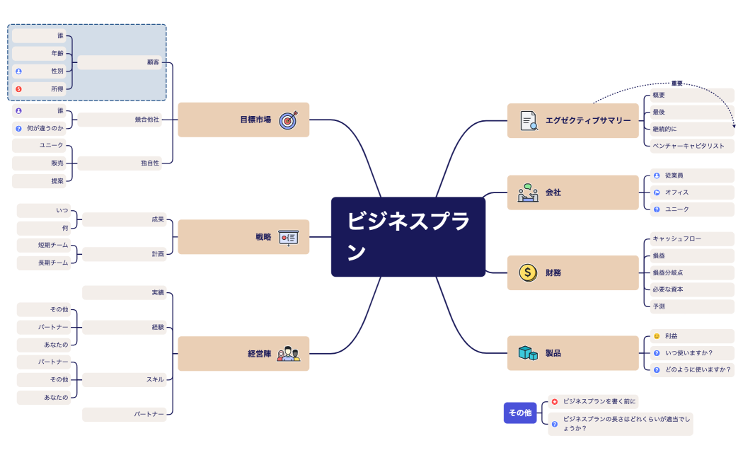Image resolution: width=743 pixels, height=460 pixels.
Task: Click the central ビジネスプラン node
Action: [x=408, y=236]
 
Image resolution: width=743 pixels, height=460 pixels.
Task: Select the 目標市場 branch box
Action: [x=243, y=120]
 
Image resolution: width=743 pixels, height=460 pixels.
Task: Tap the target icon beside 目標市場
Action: [x=288, y=120]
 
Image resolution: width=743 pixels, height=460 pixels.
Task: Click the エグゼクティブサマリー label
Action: [x=587, y=121]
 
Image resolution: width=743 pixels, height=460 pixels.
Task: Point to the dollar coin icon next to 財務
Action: [x=527, y=272]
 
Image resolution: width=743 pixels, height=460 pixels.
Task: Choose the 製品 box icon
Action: [x=527, y=353]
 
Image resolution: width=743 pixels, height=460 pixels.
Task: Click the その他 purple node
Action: [x=519, y=413]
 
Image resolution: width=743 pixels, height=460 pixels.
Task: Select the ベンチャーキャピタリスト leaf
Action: [x=688, y=146]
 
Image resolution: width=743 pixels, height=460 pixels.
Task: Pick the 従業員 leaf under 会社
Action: [x=674, y=175]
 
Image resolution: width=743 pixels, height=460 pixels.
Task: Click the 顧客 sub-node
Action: [x=152, y=62]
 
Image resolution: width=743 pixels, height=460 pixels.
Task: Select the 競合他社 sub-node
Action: [x=146, y=120]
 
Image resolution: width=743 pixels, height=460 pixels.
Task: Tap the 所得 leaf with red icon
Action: [x=57, y=89]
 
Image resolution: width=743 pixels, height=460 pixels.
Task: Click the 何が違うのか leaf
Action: [x=45, y=129]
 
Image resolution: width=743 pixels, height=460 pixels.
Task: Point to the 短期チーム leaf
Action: [x=53, y=245]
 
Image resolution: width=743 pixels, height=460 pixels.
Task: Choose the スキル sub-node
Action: [x=154, y=379]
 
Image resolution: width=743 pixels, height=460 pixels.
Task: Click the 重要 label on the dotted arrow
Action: [x=677, y=84]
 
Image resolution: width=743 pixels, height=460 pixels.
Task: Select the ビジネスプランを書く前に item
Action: [x=599, y=401]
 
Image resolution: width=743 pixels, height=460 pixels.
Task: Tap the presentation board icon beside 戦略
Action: [x=288, y=238]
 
